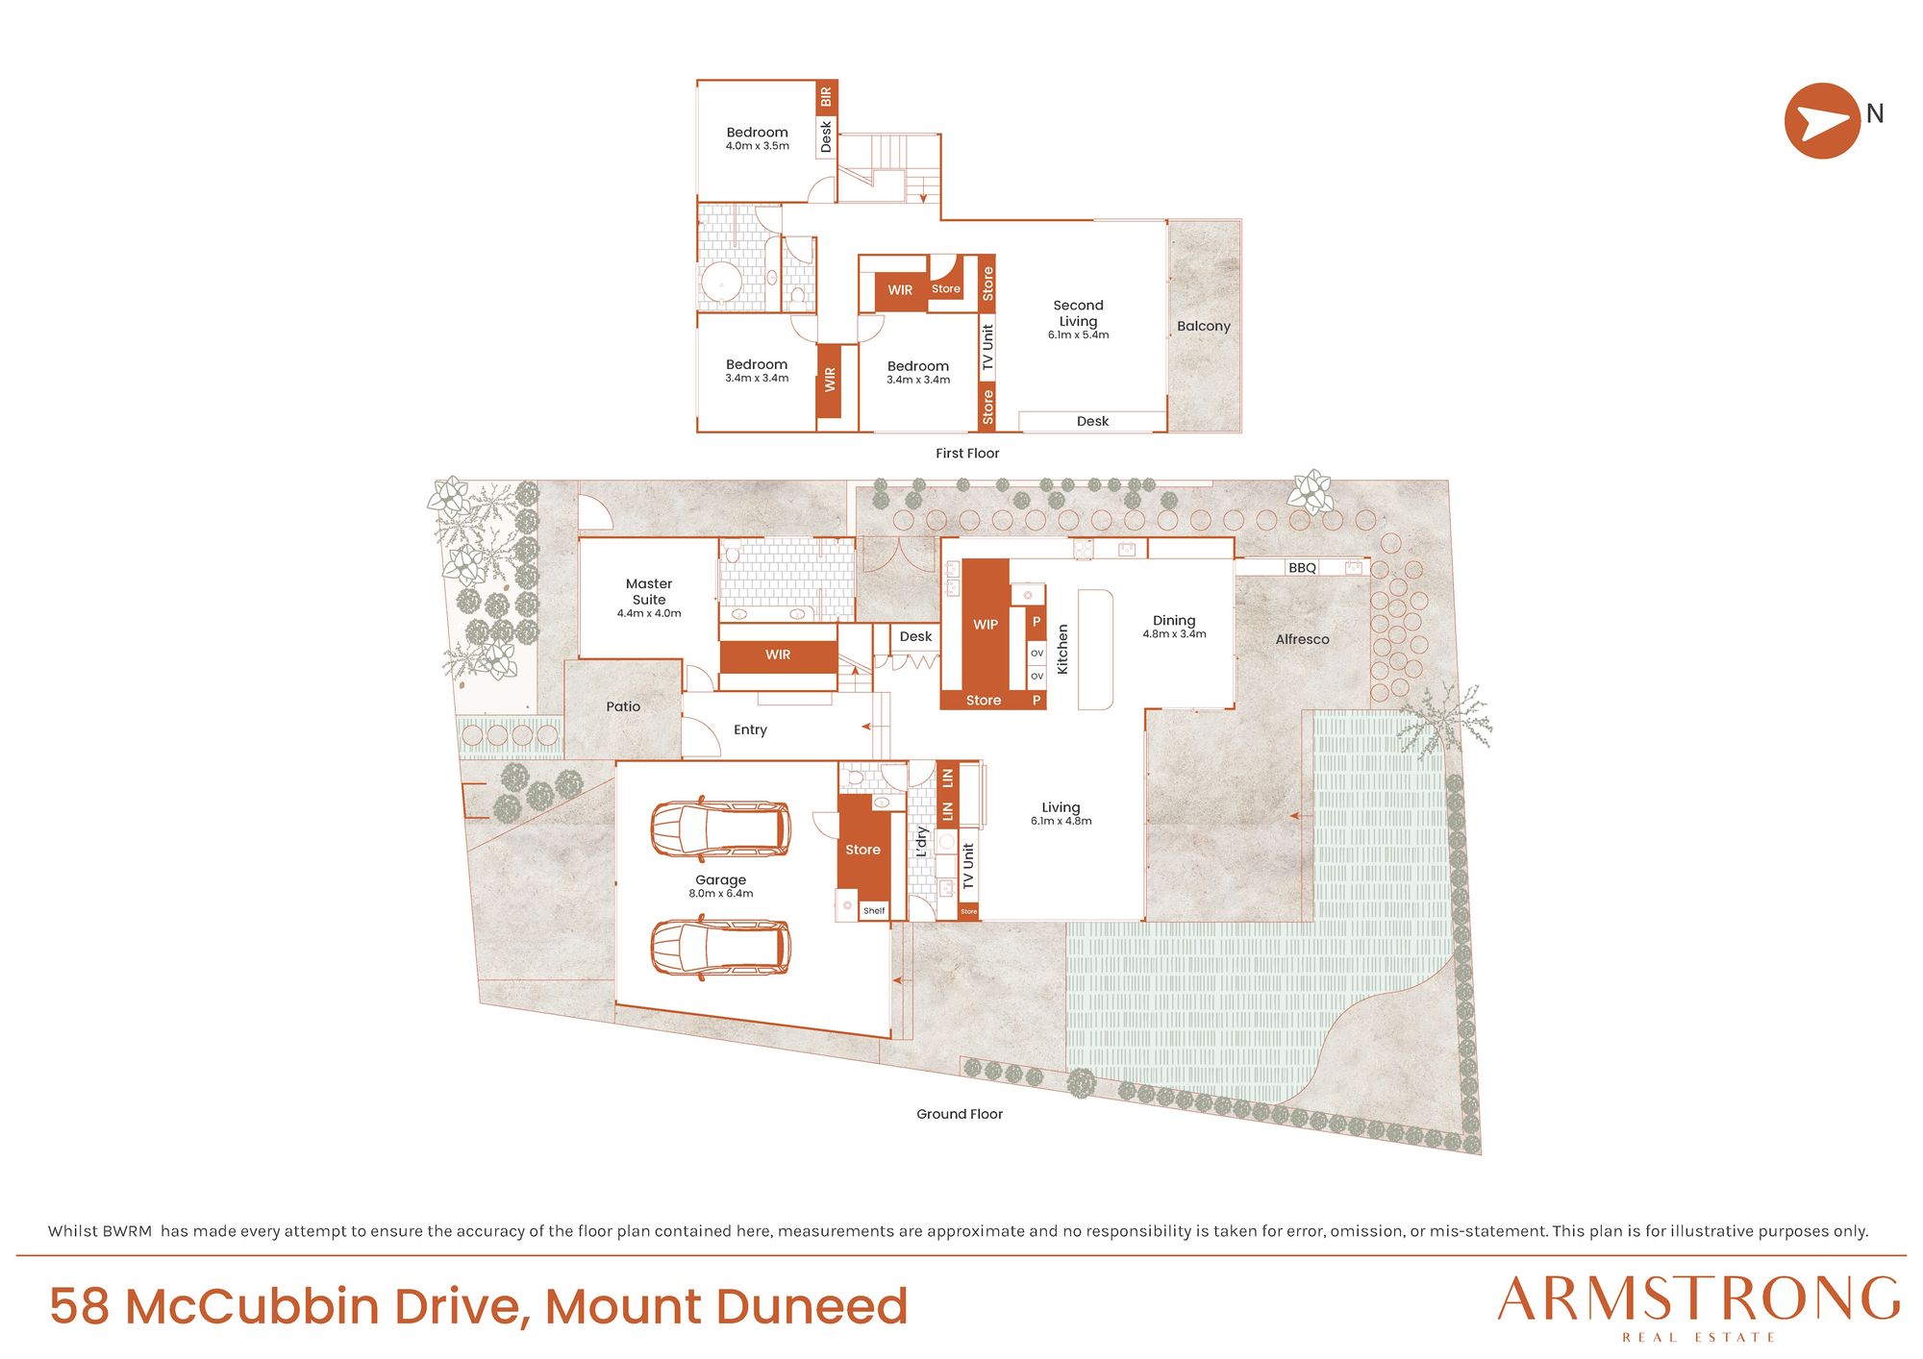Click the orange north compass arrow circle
(1822, 120)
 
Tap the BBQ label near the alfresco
(1302, 568)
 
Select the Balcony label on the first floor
(1203, 326)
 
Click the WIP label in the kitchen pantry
(986, 625)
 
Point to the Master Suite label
(649, 591)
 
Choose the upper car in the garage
(720, 828)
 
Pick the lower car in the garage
(720, 948)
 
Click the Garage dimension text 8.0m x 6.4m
(721, 894)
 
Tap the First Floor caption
(967, 454)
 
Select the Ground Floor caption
(960, 1114)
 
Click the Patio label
(623, 706)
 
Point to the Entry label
(750, 730)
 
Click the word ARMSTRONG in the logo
(1699, 1299)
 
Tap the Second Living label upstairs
(1078, 313)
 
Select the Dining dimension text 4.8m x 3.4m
(1174, 634)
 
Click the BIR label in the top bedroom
(826, 97)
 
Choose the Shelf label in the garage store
(874, 911)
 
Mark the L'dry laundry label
(921, 842)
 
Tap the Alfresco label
(1302, 640)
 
